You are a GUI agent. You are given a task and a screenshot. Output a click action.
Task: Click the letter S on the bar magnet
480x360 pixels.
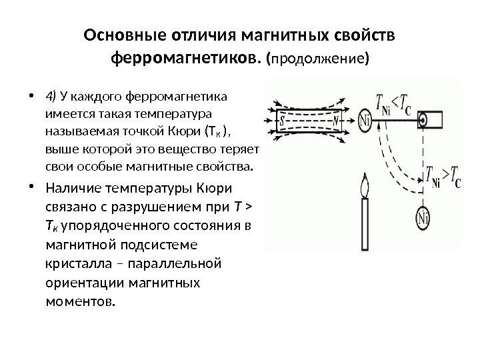point(283,121)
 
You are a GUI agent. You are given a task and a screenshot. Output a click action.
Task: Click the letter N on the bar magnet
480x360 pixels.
point(336,121)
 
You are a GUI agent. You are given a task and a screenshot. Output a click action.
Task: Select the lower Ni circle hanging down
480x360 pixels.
point(422,216)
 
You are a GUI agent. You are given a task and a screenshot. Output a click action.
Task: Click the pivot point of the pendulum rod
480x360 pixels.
point(423,120)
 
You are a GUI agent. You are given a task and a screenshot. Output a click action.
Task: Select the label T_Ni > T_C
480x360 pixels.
point(437,175)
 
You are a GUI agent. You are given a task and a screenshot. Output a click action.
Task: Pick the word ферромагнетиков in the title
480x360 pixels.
point(185,60)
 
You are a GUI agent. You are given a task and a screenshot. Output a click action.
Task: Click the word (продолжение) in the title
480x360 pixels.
point(316,61)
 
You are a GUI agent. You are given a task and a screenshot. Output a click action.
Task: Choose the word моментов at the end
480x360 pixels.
point(77,301)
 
